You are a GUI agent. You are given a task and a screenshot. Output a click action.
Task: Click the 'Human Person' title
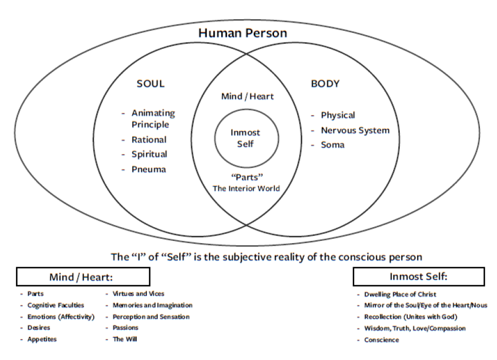coord(242,33)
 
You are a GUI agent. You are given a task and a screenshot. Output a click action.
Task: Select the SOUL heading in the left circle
coord(150,84)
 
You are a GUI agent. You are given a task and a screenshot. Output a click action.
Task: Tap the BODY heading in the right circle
coord(325,84)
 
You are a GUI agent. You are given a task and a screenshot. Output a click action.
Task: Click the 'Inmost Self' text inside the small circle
coord(245,138)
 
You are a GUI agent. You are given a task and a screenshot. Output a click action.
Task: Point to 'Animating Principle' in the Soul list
coord(153,119)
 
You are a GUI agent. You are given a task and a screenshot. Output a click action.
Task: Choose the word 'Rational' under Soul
coord(149,140)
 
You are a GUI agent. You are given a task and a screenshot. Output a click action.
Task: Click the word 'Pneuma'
coord(148,170)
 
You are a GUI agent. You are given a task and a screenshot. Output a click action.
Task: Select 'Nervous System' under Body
coord(355,131)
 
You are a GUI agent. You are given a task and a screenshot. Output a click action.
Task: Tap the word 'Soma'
coord(333,145)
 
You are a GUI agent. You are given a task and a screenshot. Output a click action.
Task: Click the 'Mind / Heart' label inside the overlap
coord(247,97)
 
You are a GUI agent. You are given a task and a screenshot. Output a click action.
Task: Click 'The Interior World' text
coord(247,189)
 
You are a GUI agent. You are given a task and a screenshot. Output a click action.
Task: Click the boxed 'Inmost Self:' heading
coord(418,277)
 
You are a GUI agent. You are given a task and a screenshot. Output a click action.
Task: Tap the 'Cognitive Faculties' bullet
coord(55,305)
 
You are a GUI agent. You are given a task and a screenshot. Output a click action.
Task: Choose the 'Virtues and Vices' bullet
coord(138,294)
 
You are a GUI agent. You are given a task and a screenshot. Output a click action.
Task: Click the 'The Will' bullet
coord(125,339)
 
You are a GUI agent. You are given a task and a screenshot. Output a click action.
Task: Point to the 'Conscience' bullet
coord(381,340)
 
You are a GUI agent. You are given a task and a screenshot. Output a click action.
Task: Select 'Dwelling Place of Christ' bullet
coord(400,294)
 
